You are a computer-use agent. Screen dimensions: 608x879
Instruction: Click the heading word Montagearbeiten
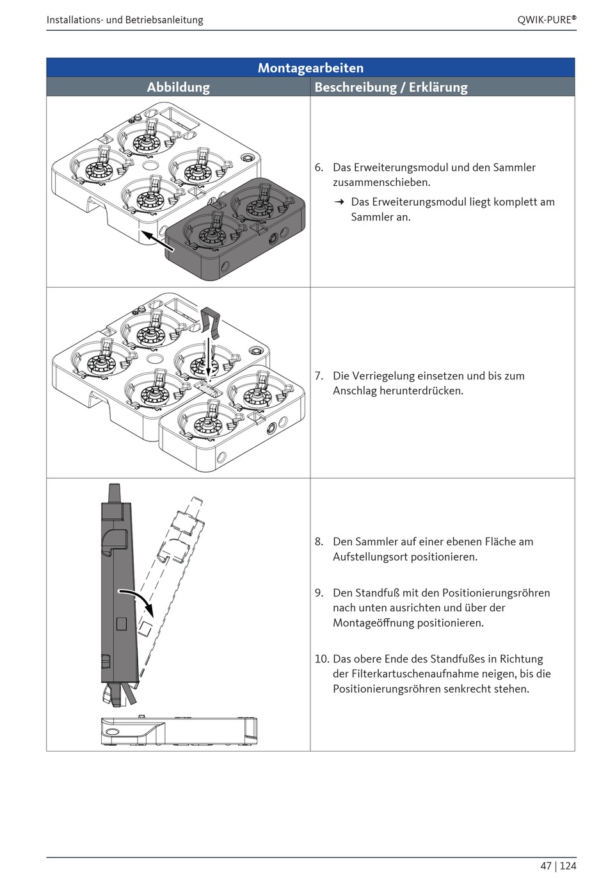pos(310,68)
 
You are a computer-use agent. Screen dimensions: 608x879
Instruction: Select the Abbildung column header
pos(178,87)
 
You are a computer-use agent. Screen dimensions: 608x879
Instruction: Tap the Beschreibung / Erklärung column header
pos(390,87)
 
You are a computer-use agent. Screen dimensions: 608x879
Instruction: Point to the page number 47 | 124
pos(558,866)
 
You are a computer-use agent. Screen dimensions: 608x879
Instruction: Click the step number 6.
pos(319,168)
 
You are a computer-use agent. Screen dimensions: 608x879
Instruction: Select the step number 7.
pos(319,376)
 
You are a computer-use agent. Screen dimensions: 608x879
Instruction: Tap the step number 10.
pos(321,659)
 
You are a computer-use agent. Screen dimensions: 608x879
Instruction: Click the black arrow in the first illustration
pos(157,242)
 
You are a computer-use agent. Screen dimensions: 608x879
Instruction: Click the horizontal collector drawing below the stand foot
pos(179,731)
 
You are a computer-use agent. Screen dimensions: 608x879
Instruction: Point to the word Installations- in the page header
pos(75,20)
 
